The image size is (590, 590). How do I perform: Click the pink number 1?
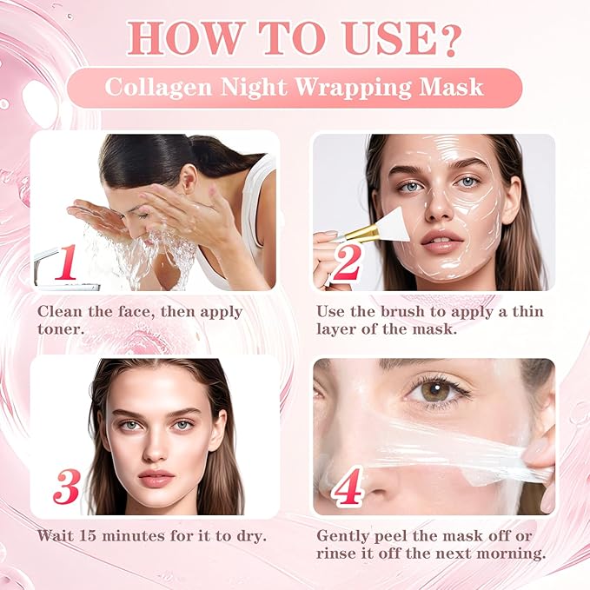[x=67, y=262]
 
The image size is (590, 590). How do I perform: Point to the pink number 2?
[x=346, y=263]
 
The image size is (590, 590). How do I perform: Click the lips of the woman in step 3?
[x=156, y=478]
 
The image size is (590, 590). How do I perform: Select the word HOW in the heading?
[x=172, y=37]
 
